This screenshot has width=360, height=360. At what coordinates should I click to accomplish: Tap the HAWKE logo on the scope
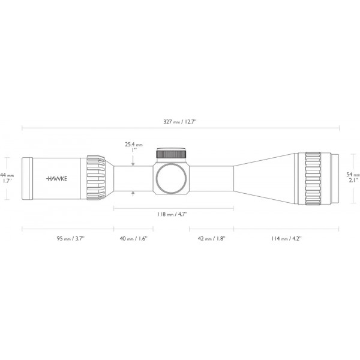tap(57, 178)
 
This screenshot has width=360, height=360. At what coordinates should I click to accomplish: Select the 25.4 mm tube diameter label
tap(134, 145)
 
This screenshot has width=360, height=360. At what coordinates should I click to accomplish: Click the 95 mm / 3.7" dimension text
tap(71, 238)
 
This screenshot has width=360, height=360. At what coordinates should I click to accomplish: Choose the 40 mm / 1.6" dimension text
tap(134, 238)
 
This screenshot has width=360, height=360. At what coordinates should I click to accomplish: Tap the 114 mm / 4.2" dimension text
tap(286, 238)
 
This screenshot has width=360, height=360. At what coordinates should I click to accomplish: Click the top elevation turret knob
tap(172, 154)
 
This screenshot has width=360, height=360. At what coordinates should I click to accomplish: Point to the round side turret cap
tap(172, 178)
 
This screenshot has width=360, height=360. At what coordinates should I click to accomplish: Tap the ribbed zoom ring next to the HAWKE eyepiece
tap(96, 178)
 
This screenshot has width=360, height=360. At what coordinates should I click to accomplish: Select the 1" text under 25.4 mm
tap(134, 151)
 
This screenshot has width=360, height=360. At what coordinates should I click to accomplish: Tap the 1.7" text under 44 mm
tap(7, 180)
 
